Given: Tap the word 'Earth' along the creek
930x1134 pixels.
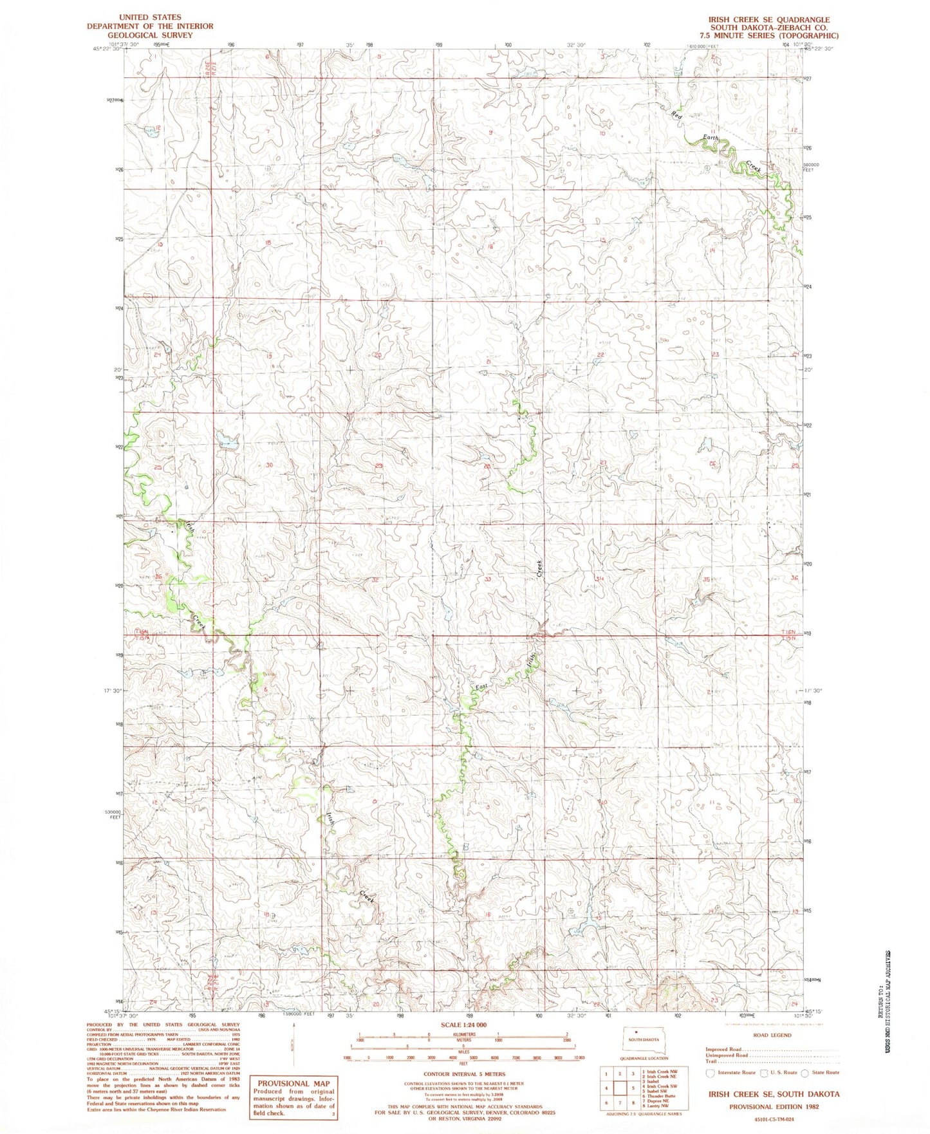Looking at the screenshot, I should (710, 138).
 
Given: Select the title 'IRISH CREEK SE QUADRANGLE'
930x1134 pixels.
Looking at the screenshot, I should (769, 20).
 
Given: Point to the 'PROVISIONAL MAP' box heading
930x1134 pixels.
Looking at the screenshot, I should (293, 1084).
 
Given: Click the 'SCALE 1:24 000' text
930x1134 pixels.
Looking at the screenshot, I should (463, 1025).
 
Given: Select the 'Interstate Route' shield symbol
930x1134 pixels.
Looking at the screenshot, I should (710, 1073).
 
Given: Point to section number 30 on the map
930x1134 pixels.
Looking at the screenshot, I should (269, 465).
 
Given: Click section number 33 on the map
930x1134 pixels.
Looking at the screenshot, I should (488, 579).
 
